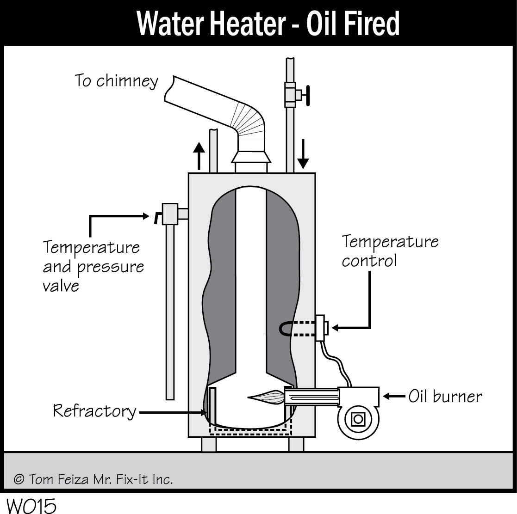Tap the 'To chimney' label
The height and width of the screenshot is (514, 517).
point(117,81)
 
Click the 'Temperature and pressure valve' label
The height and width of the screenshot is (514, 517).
point(93,267)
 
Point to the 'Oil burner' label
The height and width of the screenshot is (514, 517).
point(445,396)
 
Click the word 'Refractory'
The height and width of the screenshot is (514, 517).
point(94,410)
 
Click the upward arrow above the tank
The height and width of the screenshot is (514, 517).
point(199,155)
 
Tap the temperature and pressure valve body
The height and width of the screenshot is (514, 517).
point(170,214)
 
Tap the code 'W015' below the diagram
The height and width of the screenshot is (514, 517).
point(31,505)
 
